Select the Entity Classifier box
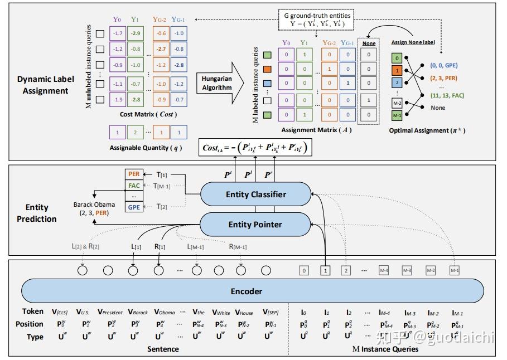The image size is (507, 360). [256, 194]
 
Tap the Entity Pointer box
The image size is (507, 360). [255, 225]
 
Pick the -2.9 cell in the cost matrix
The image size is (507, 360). [135, 34]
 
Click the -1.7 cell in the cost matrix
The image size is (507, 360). [117, 34]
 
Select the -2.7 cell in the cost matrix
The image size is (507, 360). [161, 50]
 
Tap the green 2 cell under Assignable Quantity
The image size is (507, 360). [135, 133]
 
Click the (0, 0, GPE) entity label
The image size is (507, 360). [444, 65]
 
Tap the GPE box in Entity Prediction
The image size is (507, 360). [134, 207]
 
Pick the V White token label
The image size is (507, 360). [221, 312]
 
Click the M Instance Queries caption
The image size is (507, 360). [385, 349]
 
